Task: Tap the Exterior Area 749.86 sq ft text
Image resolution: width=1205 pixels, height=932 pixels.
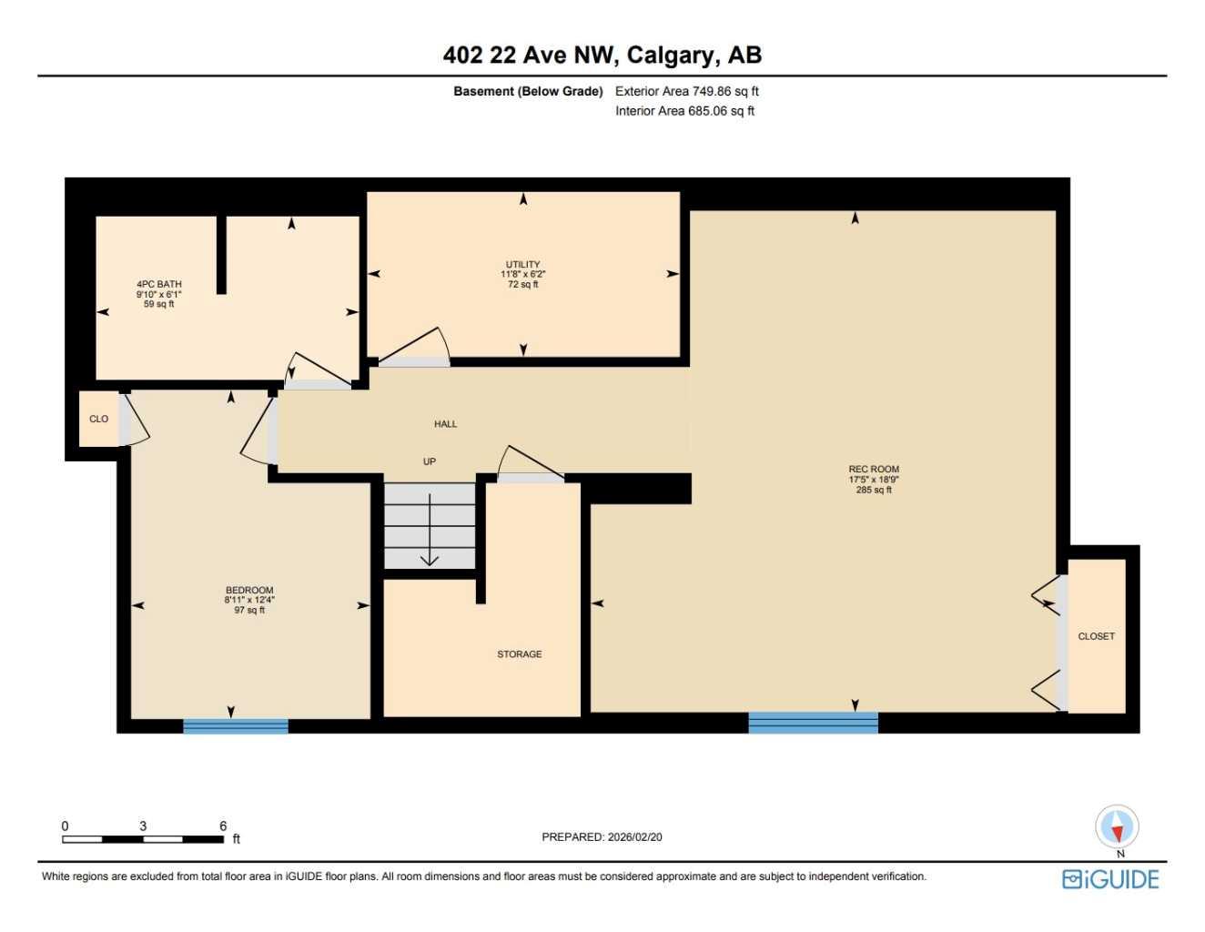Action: (686, 91)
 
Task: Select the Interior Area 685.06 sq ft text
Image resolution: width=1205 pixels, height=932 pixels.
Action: (684, 111)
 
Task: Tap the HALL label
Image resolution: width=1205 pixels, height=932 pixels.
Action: (445, 424)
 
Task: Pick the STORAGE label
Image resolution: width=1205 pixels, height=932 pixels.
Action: (519, 654)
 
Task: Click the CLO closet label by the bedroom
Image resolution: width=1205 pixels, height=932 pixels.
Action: (98, 420)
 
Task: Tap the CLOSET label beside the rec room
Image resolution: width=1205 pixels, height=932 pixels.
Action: (1096, 636)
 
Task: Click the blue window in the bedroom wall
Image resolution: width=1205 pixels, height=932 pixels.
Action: (236, 725)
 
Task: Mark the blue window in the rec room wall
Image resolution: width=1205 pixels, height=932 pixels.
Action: (813, 723)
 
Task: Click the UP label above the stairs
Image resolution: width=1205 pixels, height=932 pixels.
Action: (429, 461)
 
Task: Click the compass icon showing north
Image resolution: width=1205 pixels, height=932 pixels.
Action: (1117, 826)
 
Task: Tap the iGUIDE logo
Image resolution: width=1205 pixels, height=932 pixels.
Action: (1110, 879)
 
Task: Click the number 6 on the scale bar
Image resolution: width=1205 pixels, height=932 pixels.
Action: (223, 826)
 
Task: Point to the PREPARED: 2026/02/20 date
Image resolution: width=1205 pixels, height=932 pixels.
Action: (602, 836)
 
